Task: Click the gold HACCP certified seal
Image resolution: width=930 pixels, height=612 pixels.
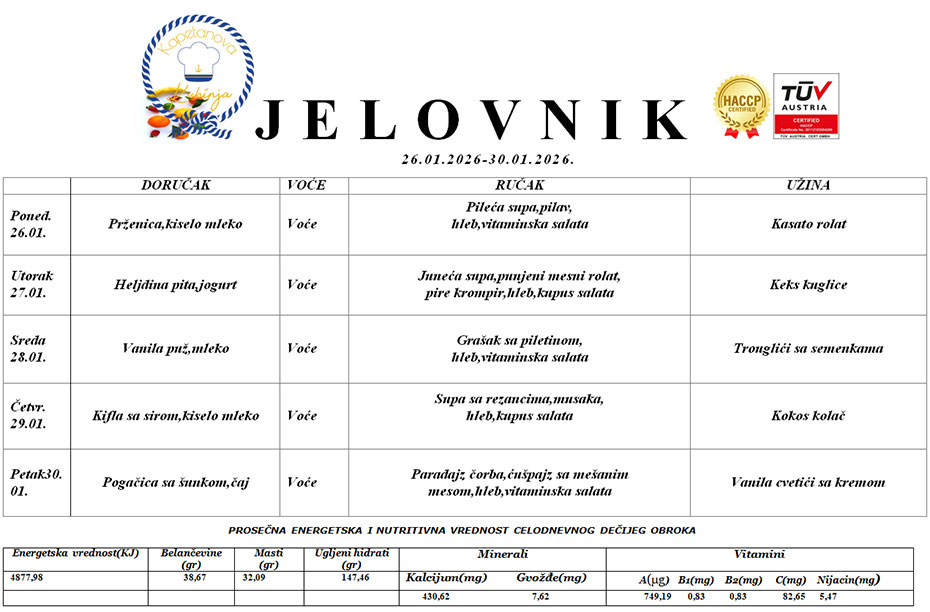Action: coord(740,107)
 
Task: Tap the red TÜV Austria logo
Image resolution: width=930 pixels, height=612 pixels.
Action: coord(806,105)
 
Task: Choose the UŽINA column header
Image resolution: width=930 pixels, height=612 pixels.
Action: coord(808,186)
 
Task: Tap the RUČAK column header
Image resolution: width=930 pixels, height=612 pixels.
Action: coord(519,186)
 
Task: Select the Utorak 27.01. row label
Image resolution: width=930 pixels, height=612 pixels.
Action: coord(33,284)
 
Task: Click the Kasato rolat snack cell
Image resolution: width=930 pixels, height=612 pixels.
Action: coord(808,224)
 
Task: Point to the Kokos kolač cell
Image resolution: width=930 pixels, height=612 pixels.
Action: coord(808,415)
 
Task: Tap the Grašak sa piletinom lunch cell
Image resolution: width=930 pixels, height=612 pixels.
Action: coord(519,349)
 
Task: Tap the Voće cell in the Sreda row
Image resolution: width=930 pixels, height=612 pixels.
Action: coord(302,349)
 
